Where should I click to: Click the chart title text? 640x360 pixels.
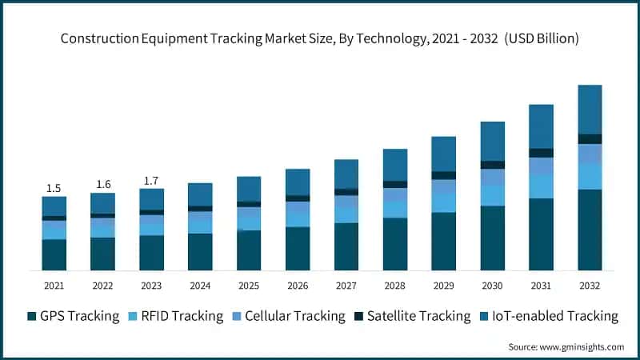click(x=319, y=38)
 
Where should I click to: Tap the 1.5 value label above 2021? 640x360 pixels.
click(x=54, y=188)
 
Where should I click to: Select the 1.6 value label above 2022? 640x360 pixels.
click(x=103, y=184)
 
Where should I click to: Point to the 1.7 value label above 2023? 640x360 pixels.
click(x=151, y=181)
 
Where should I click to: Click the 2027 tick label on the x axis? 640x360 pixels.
click(x=346, y=285)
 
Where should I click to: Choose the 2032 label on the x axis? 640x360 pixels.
click(x=590, y=285)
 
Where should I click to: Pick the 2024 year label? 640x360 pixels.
click(x=200, y=285)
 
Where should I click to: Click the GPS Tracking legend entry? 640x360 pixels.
click(x=73, y=316)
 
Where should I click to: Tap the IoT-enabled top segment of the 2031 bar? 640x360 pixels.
click(x=541, y=126)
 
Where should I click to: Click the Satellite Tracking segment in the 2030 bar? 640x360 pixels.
click(x=492, y=165)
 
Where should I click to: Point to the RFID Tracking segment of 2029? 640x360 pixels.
click(x=443, y=202)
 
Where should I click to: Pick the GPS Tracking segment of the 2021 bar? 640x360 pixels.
click(x=54, y=254)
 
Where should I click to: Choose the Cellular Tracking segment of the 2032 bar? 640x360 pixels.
click(x=590, y=154)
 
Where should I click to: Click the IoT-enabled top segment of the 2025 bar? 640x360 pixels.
click(x=249, y=189)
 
